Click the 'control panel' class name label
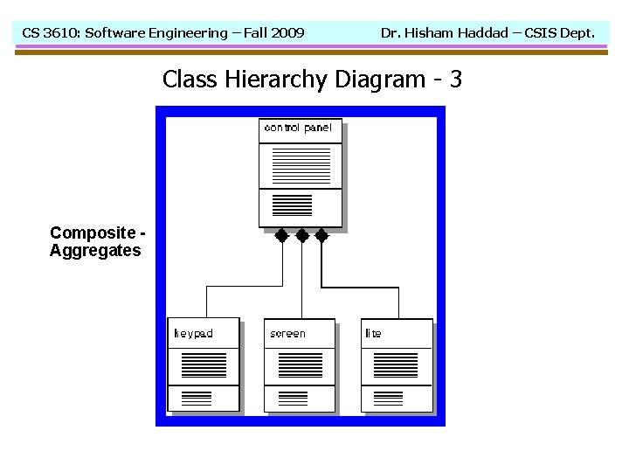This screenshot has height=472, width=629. click(x=298, y=128)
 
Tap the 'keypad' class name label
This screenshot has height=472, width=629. click(x=193, y=333)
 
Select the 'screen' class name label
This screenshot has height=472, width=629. click(x=287, y=333)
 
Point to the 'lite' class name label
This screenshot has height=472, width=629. click(x=373, y=333)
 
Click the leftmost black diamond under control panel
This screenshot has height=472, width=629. click(x=281, y=235)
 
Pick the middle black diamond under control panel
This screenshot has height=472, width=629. click(x=301, y=235)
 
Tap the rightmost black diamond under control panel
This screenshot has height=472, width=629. click(x=321, y=235)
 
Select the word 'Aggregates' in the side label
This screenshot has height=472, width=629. click(x=95, y=251)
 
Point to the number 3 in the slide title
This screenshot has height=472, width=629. click(x=455, y=80)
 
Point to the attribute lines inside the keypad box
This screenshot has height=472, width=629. click(x=204, y=364)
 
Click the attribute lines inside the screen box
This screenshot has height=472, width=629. click(x=300, y=364)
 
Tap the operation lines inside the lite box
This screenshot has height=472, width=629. click(x=388, y=399)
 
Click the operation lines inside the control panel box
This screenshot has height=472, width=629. click(x=292, y=205)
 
